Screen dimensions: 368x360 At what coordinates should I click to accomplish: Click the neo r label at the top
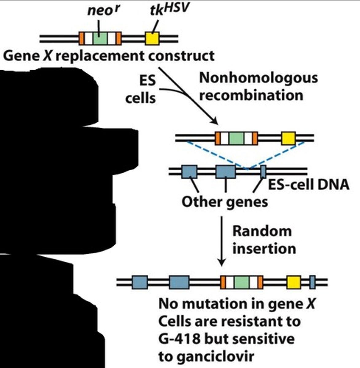(103, 11)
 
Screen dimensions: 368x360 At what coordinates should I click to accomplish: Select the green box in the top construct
(100, 38)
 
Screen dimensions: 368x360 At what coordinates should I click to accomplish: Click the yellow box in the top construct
(152, 39)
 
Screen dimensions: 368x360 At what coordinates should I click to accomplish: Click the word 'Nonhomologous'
(258, 78)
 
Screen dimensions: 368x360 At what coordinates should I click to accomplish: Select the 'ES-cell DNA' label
(309, 185)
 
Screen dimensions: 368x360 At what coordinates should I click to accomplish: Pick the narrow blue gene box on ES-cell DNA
(263, 171)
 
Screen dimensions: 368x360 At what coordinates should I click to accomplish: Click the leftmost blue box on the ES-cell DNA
(189, 171)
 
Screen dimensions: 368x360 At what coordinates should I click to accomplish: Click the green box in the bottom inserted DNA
(241, 282)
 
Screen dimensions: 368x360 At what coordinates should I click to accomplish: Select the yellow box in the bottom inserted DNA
(294, 282)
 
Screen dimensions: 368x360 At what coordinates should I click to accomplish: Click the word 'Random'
(262, 231)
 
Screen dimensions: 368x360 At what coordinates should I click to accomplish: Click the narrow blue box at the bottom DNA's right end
(312, 282)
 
